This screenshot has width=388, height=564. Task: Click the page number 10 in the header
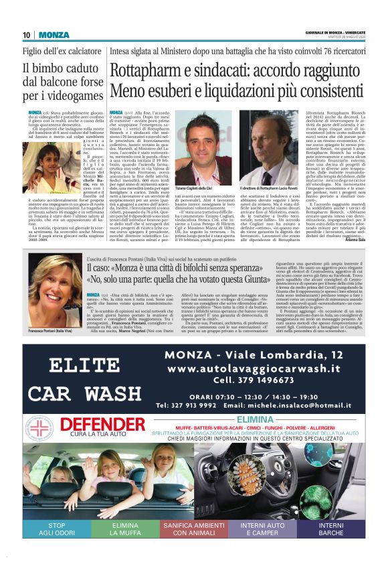tap(26, 35)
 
